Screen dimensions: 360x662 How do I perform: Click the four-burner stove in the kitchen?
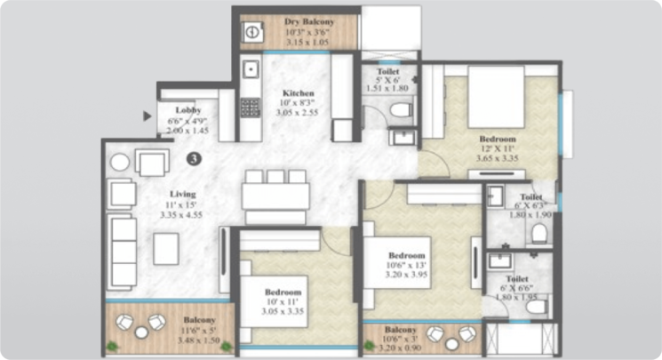(251, 107)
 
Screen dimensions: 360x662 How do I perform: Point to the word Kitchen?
(298, 92)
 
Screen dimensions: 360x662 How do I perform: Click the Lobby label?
(187, 110)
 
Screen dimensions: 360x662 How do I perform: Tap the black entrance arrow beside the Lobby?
(148, 115)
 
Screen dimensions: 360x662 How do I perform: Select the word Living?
(184, 193)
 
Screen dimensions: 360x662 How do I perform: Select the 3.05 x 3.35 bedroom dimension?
(283, 312)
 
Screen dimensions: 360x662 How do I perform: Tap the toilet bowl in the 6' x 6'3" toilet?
(538, 233)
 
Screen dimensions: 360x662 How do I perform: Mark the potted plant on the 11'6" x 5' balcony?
(112, 343)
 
